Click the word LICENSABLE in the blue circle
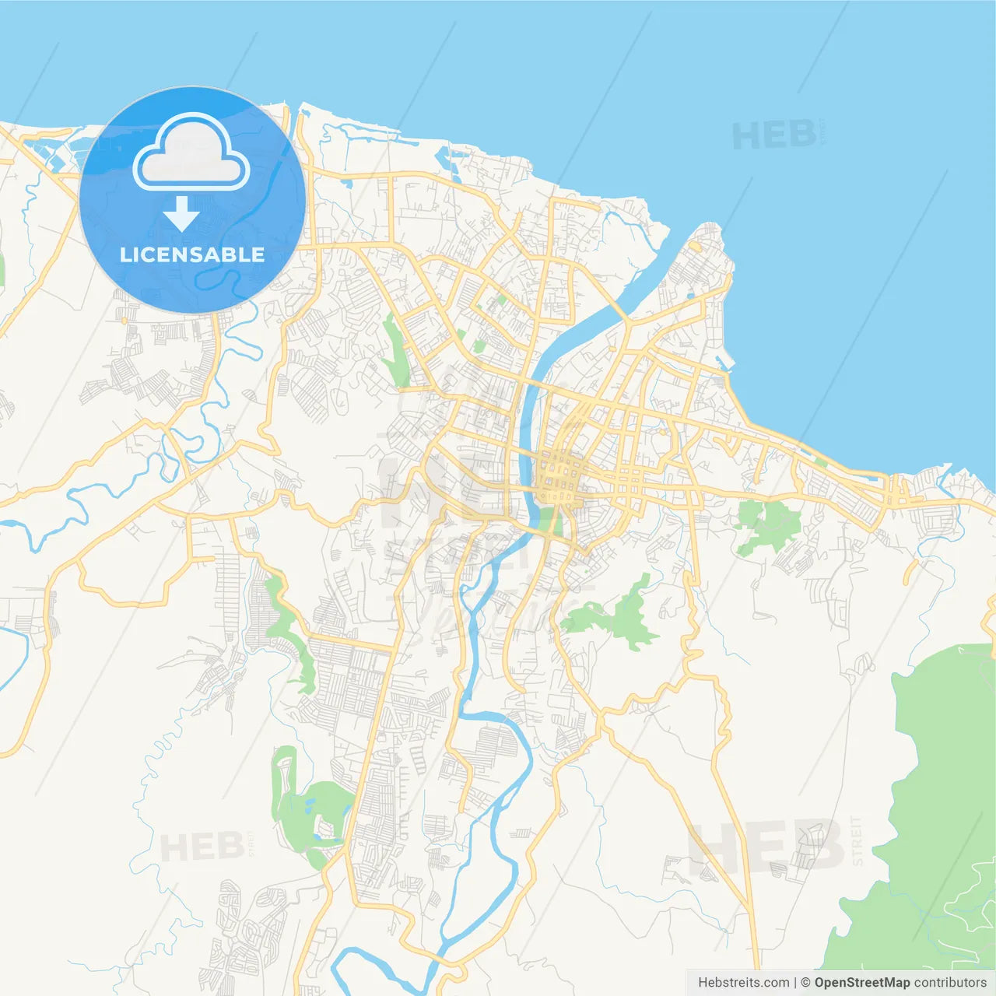(192, 254)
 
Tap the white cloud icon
(191, 154)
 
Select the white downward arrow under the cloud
(181, 215)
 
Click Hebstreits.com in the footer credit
(743, 983)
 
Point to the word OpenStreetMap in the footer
(861, 983)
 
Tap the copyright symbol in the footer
(805, 983)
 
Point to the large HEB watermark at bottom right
(766, 847)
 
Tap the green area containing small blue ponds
(311, 809)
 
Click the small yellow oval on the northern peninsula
(695, 247)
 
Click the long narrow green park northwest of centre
(396, 350)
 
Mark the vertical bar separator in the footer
(794, 983)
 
